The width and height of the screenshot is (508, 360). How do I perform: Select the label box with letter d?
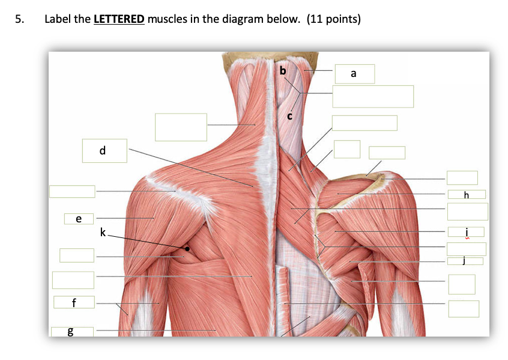[x=104, y=150]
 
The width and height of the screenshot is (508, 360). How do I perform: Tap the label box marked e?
[x=79, y=218]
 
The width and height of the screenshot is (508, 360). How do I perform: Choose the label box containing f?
[x=73, y=302]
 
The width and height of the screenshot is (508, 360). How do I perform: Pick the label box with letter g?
[x=72, y=331]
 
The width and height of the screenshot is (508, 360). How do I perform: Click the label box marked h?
[x=466, y=194]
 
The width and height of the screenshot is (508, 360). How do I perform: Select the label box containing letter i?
[x=466, y=232]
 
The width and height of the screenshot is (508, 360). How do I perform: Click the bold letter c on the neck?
[x=289, y=115]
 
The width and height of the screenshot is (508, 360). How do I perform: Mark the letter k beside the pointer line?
[x=103, y=231]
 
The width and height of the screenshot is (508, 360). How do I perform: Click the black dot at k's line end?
[x=187, y=248]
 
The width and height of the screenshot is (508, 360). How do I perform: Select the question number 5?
[x=19, y=19]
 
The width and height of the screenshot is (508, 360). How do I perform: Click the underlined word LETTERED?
[x=119, y=19]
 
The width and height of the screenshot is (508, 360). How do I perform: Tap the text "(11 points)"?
[x=334, y=19]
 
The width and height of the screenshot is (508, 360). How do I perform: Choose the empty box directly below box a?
[x=373, y=96]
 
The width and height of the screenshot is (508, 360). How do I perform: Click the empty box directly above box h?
[x=462, y=177]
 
